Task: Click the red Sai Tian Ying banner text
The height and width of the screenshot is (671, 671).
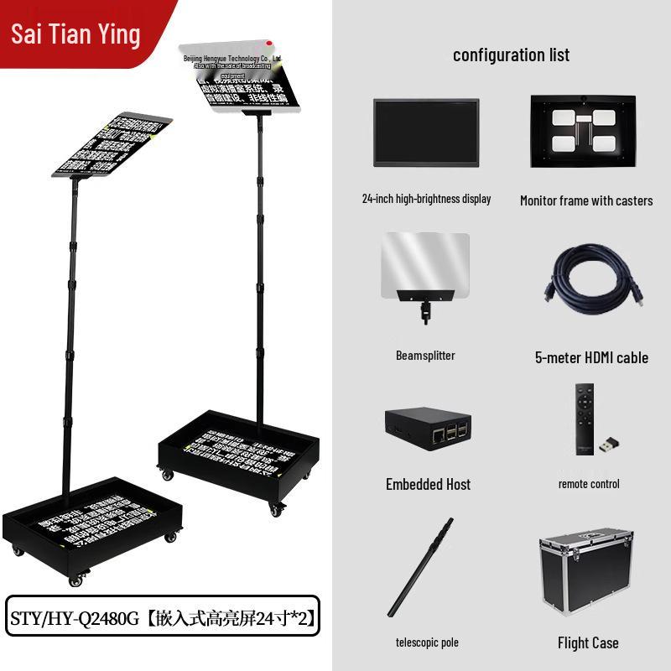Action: click(x=75, y=34)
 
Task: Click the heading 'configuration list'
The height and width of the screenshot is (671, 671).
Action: click(x=511, y=55)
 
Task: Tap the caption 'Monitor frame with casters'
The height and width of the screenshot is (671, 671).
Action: click(x=585, y=200)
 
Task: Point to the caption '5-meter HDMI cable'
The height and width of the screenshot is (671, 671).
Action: click(x=591, y=357)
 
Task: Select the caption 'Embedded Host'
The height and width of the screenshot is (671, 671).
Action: click(x=428, y=484)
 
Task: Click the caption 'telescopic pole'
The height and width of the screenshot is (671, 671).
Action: click(x=427, y=642)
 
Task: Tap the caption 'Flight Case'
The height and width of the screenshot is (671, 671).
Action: click(x=588, y=643)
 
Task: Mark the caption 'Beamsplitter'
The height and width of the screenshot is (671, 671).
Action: click(x=425, y=356)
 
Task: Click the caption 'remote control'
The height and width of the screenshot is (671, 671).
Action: click(x=589, y=484)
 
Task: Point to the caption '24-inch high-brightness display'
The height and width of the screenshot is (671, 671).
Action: click(x=426, y=199)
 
